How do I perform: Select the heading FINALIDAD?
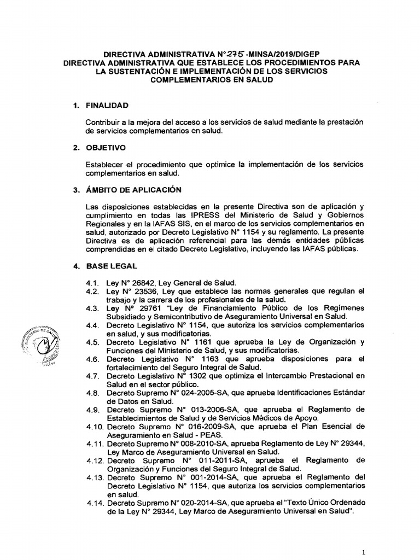107,105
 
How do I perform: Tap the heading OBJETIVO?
106,148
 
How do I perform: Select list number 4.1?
94,283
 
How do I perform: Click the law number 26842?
138,283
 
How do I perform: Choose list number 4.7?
94,376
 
